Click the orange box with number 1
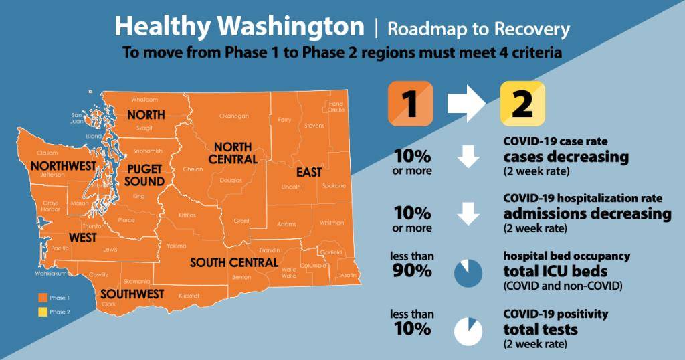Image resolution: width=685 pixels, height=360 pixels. (x=411, y=102)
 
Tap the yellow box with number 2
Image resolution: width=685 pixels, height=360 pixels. (x=522, y=102)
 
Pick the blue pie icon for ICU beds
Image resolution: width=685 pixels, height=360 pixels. (x=468, y=273)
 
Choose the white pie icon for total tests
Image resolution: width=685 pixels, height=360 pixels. (x=468, y=330)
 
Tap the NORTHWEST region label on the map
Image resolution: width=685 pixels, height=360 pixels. (x=60, y=165)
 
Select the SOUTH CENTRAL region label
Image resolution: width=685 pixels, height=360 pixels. (x=233, y=262)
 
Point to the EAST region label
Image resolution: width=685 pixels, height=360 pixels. (x=309, y=173)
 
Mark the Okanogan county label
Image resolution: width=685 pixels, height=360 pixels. (x=234, y=116)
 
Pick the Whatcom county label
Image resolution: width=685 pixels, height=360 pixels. (x=144, y=100)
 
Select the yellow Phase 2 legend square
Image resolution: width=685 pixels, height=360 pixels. (x=41, y=312)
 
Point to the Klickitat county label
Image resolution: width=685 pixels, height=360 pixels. (x=190, y=295)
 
